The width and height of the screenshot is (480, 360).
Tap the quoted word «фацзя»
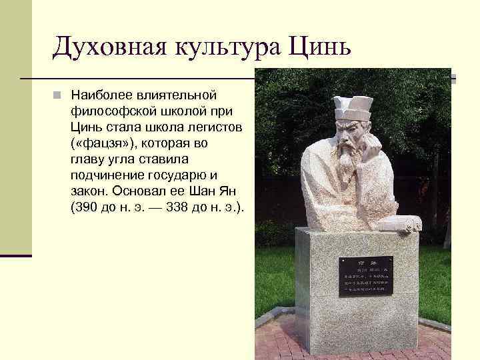click(x=101, y=143)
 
